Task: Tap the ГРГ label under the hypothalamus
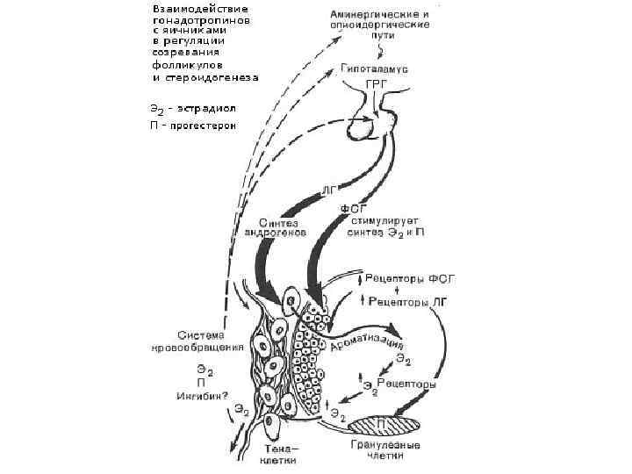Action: (376, 85)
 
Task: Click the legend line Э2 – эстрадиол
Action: (193, 109)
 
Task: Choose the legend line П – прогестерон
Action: (193, 124)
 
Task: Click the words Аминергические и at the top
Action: (379, 16)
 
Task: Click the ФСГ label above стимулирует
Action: (352, 209)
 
